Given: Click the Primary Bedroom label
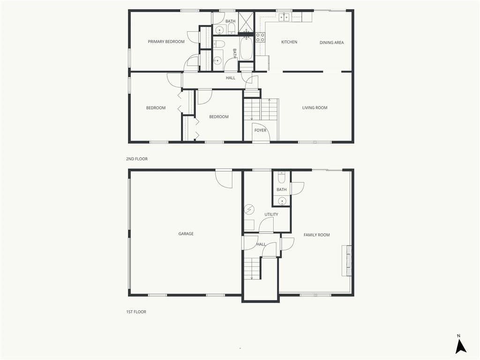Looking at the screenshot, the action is click(x=166, y=42).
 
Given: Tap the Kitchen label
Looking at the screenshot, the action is click(x=289, y=42).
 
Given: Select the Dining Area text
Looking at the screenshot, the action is click(x=331, y=43).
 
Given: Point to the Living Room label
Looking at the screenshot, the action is click(x=315, y=108).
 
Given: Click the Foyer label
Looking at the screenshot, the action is click(x=260, y=130).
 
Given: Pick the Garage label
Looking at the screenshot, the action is click(x=186, y=234).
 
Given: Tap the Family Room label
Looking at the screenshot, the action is click(x=316, y=235).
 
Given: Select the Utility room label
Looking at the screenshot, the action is click(x=271, y=215).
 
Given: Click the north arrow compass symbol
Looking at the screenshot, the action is click(x=461, y=346).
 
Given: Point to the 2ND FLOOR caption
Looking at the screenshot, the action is click(x=136, y=159).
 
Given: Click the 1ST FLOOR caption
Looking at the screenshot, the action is click(x=136, y=312).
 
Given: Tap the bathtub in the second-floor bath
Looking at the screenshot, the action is click(x=246, y=48).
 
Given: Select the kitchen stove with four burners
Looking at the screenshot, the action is click(x=260, y=37).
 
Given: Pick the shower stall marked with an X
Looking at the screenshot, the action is click(x=246, y=22).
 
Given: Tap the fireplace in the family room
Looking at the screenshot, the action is click(x=347, y=261).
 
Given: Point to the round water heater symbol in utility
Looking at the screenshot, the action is click(x=249, y=209).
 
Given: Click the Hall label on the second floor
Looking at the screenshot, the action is click(x=231, y=78).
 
